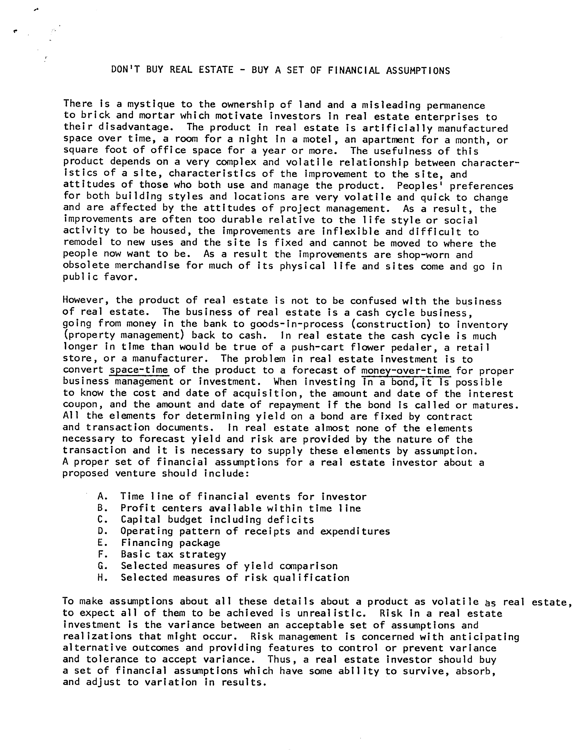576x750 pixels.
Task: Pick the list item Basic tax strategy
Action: (x=173, y=554)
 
